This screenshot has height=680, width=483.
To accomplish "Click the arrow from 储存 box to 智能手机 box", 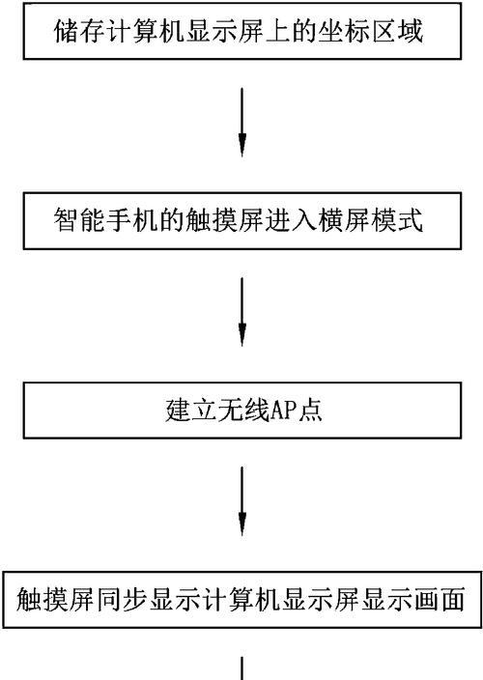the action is pos(242,123).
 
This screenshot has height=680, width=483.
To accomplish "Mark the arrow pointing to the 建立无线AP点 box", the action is pos(242,312).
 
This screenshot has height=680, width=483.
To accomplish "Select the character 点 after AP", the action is pos(310,410).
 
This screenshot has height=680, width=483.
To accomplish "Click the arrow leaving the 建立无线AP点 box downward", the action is pos(242,501).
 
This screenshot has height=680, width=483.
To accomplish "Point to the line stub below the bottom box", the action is pos(241,668).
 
